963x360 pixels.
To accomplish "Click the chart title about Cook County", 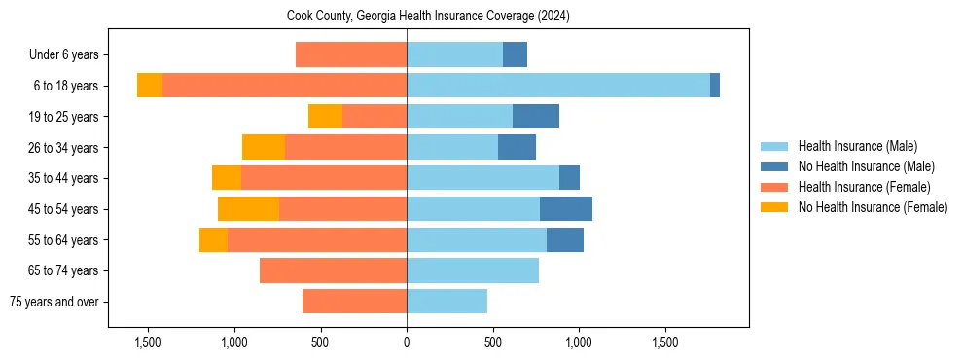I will point(428,17).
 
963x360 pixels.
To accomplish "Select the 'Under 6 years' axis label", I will point(63,55).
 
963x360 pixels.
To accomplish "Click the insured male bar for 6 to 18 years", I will point(558,86).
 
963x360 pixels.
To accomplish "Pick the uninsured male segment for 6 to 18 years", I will point(715,86).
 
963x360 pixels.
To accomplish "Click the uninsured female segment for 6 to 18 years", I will point(150,86).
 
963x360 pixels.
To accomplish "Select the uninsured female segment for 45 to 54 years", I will point(248,209).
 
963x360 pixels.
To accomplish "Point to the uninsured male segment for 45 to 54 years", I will point(566,209).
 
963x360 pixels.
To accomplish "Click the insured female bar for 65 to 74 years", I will point(333,270).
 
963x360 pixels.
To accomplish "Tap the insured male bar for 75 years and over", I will point(446,302).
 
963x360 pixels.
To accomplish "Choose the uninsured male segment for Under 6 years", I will point(515,55).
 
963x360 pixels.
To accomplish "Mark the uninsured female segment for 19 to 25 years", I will point(325,117).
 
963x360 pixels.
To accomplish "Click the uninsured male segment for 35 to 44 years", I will point(569,178).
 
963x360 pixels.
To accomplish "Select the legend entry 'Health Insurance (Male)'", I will point(857,146).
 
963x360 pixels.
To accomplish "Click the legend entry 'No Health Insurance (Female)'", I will point(873,207).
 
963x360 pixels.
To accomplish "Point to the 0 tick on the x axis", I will point(407,343).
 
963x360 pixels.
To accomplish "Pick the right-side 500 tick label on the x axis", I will point(493,343).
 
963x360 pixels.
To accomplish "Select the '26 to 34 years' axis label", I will point(63,148).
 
